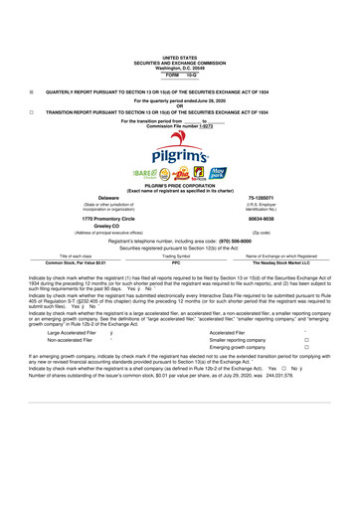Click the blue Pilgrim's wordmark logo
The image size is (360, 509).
179,152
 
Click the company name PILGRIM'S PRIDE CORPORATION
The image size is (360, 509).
179,199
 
